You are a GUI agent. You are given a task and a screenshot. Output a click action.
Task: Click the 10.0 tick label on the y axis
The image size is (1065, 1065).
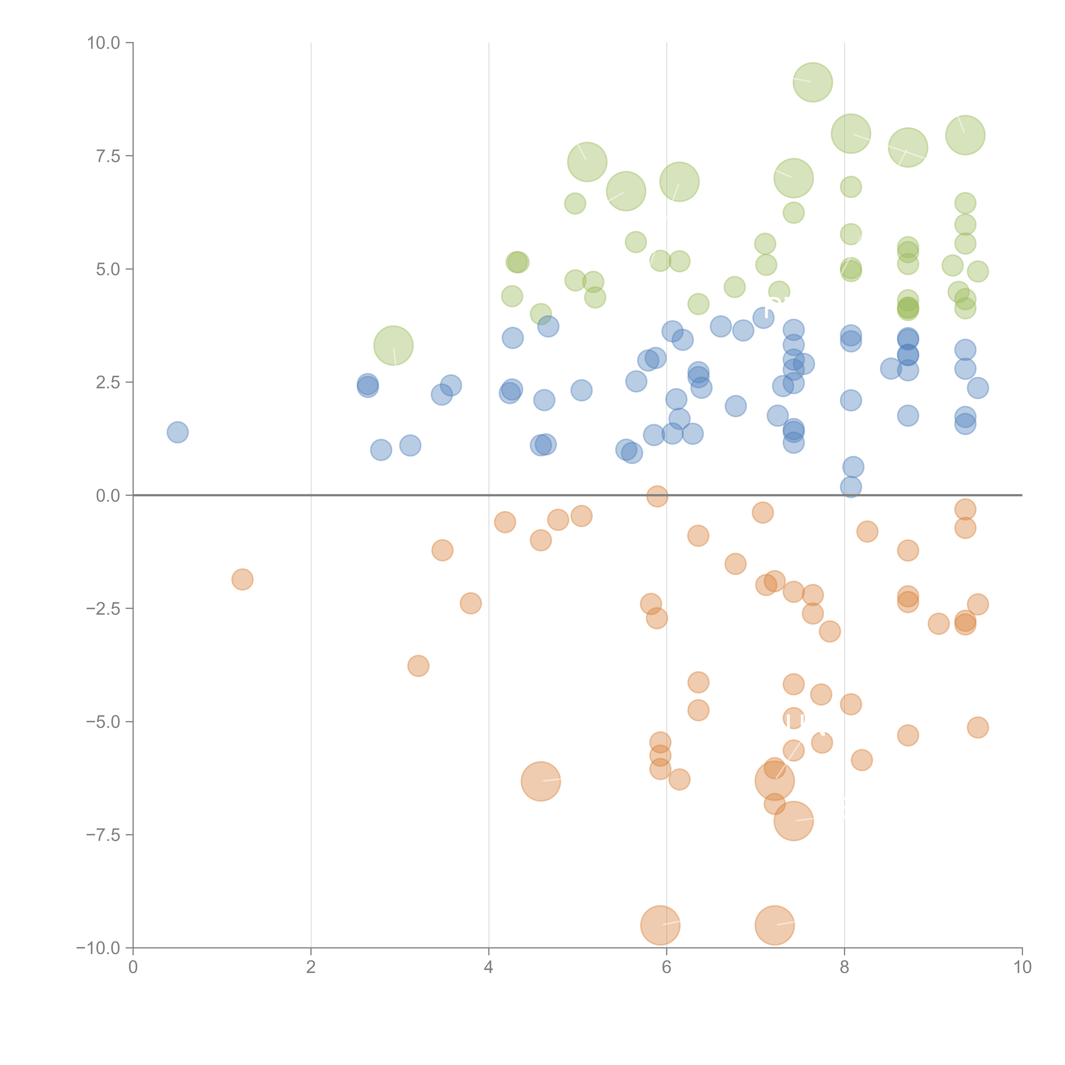[104, 43]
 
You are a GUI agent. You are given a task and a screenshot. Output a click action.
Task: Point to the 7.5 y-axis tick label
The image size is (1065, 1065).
[108, 156]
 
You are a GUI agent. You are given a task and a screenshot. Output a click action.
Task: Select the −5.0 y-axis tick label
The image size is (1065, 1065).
[104, 722]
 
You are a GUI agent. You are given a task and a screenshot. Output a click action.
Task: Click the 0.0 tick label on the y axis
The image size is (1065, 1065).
[108, 496]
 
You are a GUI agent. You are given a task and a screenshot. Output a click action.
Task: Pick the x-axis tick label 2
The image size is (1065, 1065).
[311, 967]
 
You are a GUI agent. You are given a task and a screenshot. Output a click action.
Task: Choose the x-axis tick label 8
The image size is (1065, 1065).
[845, 967]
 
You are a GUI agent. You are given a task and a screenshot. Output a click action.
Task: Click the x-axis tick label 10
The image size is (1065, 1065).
[1022, 967]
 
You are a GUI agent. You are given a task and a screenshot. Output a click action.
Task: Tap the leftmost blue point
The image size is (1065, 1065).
[177, 432]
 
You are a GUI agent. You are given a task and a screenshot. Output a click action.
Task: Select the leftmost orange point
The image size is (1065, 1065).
[242, 579]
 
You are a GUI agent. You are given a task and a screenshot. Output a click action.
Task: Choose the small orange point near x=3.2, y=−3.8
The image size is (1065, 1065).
[418, 666]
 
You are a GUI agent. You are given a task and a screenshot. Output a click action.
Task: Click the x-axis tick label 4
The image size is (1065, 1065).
[488, 967]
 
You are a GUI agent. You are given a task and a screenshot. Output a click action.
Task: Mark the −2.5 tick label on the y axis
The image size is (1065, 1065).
[104, 609]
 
